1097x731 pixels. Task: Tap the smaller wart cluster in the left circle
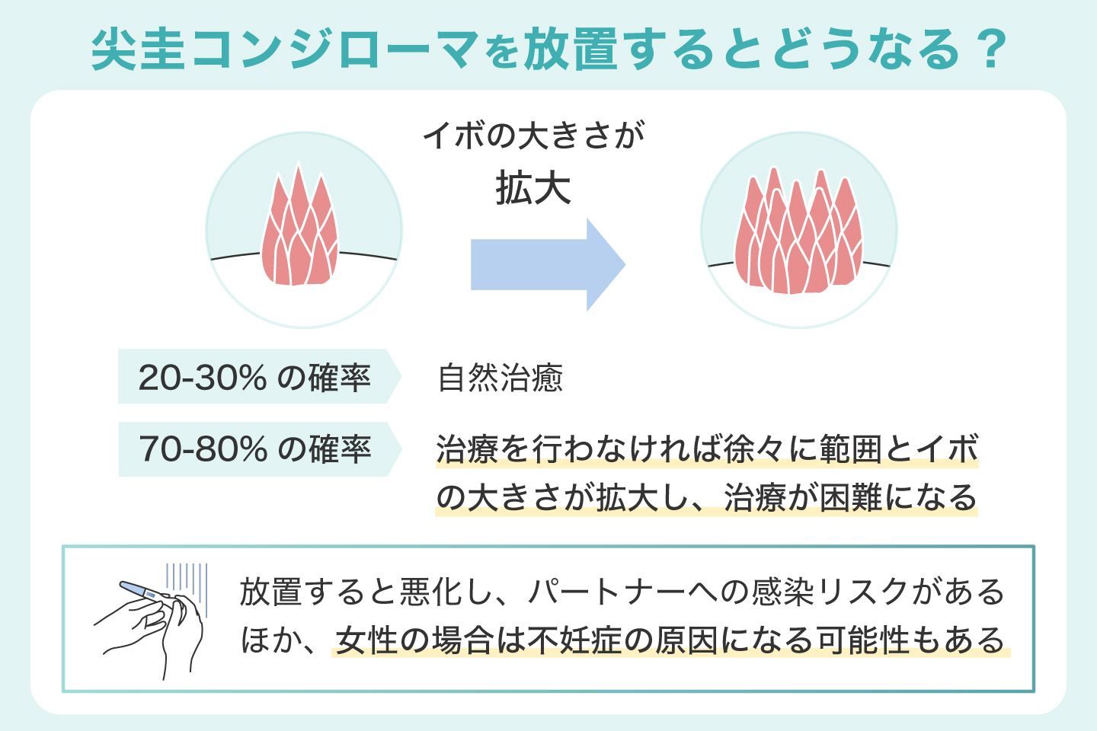click(299, 232)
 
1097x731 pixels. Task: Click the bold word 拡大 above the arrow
click(533, 188)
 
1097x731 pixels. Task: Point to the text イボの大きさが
click(533, 136)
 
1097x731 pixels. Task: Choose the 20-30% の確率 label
click(254, 377)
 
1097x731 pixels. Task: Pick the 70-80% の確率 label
click(254, 449)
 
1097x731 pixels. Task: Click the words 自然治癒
click(501, 378)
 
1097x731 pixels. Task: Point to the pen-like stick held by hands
click(145, 591)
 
